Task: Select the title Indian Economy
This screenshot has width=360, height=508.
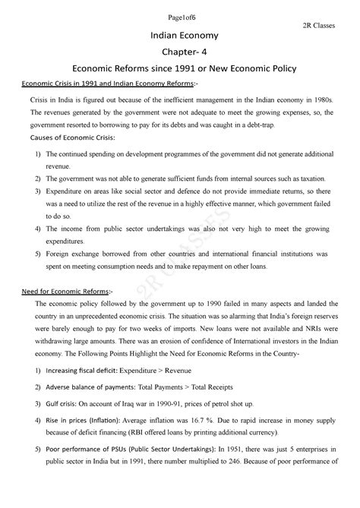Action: point(180,36)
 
